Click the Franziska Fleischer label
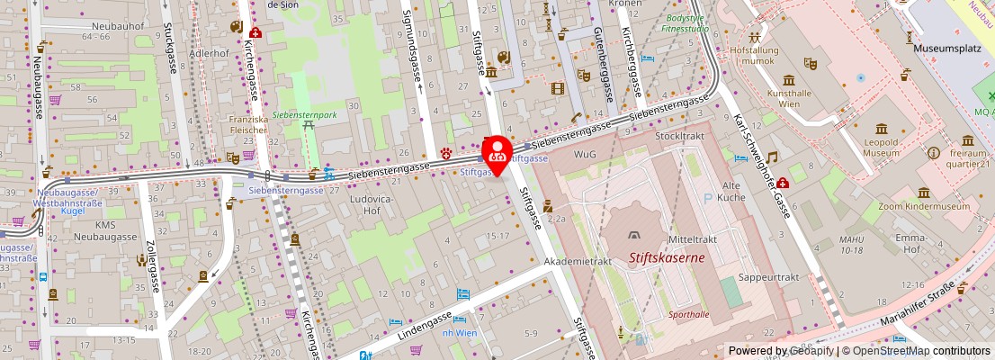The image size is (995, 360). [x=247, y=124]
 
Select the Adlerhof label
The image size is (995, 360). [x=209, y=53]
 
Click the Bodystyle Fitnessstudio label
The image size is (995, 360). [x=686, y=23]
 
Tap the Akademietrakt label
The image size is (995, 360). [x=578, y=261]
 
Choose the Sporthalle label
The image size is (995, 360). [x=689, y=315]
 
